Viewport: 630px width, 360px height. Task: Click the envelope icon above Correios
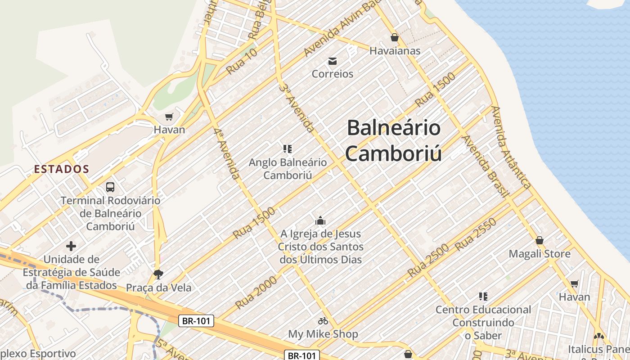333,61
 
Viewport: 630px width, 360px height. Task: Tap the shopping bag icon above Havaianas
395,37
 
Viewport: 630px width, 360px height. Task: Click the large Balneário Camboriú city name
394,140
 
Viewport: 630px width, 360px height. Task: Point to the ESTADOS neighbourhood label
62,169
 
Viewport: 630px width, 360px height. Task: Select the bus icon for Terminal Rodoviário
110,187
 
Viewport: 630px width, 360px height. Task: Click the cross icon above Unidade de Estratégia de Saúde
71,246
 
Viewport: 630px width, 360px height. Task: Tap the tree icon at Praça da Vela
158,274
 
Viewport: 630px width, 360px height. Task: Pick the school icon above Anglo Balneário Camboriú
288,148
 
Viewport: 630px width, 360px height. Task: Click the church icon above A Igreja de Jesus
320,220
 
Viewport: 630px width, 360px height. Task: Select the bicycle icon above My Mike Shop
323,321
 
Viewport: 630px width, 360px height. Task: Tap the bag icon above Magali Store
540,241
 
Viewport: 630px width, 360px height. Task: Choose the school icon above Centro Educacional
483,297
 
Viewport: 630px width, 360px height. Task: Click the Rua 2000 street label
256,292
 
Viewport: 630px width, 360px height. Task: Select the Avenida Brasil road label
486,166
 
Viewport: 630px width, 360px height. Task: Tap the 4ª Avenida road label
227,153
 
